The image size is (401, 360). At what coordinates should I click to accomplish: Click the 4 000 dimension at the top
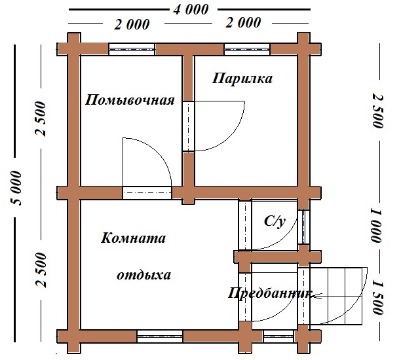coord(191,10)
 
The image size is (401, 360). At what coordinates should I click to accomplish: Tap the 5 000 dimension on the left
coord(16,188)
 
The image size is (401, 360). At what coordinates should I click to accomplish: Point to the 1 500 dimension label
coord(377,297)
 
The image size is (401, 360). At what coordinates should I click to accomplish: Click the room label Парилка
coord(242,79)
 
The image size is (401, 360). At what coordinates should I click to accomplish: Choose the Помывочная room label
coord(130,100)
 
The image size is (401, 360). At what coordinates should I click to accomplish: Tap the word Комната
coord(133,238)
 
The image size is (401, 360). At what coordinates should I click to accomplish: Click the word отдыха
coord(144,276)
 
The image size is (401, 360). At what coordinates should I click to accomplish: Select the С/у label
coord(275,221)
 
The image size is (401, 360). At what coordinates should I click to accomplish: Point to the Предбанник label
coord(270,294)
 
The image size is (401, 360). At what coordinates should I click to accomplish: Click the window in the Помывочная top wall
coord(132,49)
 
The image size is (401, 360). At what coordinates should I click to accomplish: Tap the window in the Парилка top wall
coord(247,49)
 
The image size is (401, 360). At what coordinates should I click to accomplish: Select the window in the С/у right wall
coord(303,227)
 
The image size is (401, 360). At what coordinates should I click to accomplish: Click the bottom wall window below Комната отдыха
coord(160,336)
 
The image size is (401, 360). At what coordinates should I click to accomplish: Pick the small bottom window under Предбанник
coord(278,336)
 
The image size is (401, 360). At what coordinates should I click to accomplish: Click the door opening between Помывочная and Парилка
coord(189,126)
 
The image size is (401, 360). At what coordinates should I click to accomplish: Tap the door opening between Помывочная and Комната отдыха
coord(147,193)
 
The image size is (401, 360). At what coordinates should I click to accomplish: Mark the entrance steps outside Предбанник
coord(336,296)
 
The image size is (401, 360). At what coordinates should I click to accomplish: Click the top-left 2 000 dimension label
coord(132,24)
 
